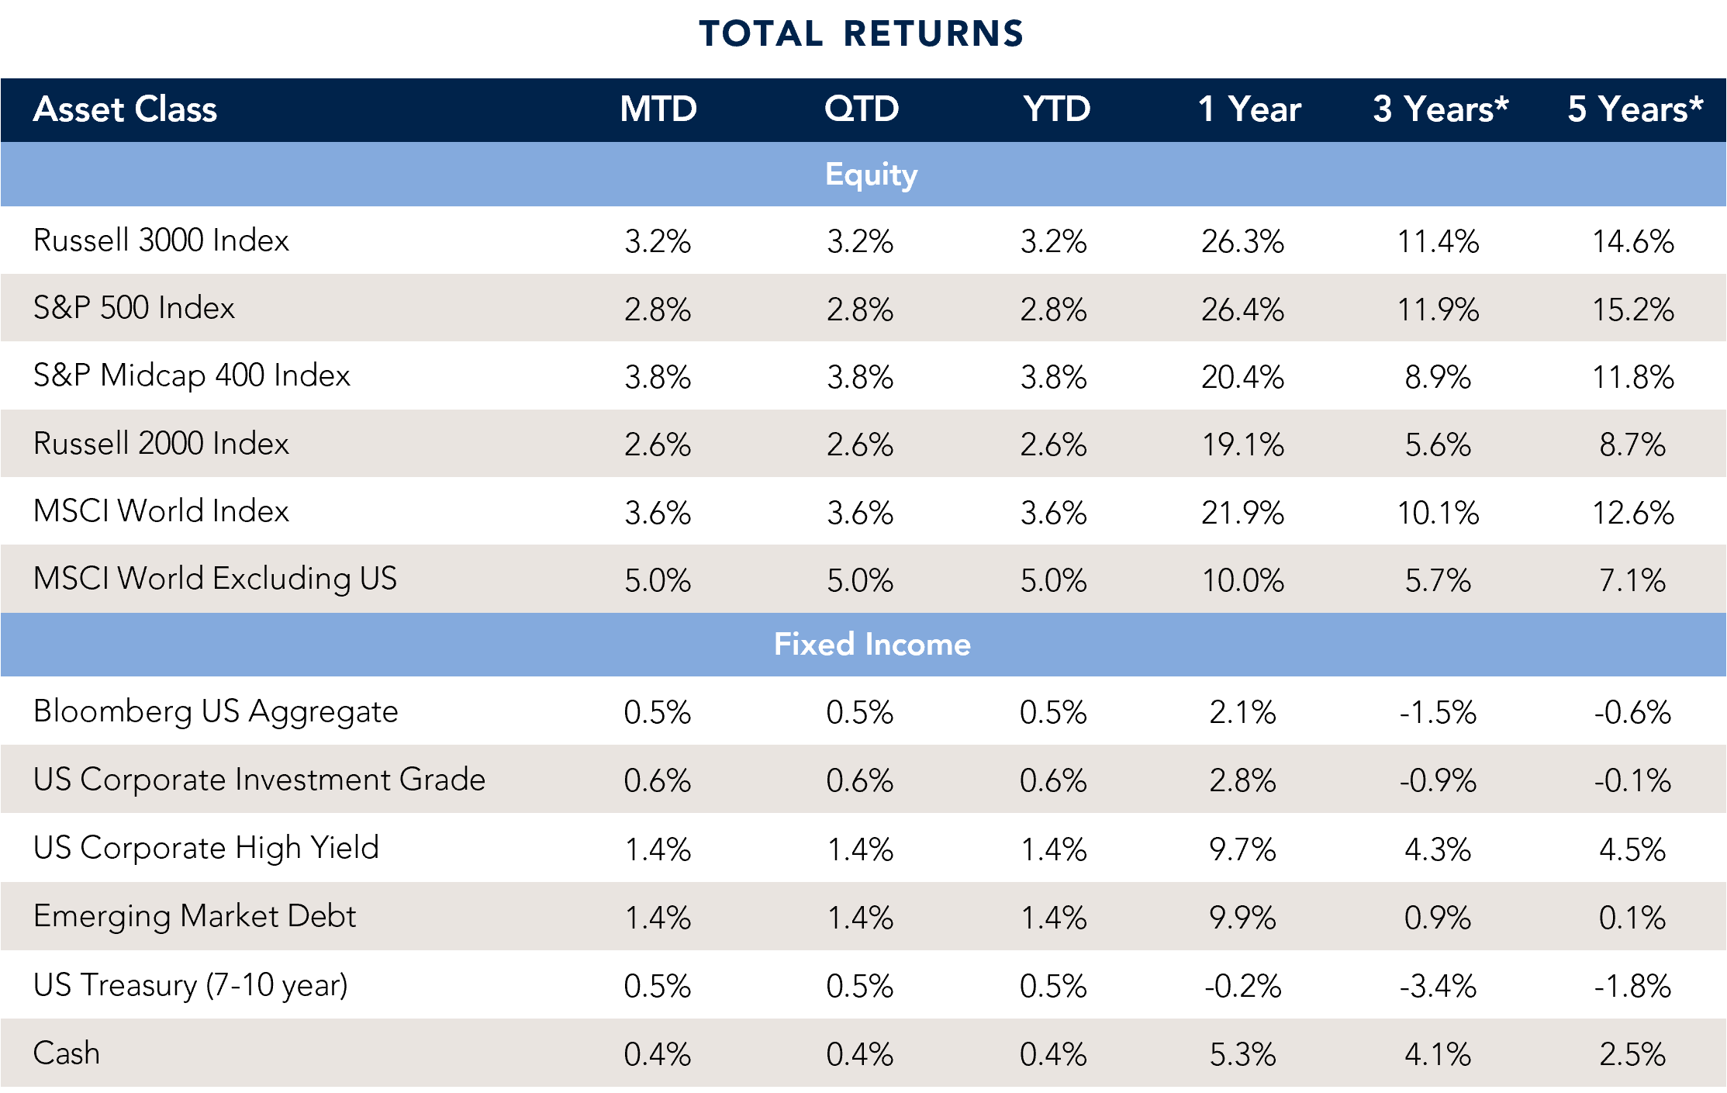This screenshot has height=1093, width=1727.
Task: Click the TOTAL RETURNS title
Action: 861,33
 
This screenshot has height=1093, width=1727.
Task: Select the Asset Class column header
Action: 125,109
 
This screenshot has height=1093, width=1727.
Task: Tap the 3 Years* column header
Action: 1440,109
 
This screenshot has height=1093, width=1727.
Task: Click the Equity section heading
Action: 871,175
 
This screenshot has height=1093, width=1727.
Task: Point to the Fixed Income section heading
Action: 872,645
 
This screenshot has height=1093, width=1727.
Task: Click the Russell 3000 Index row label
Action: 161,240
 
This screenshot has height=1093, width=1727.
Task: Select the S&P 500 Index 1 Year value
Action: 1242,310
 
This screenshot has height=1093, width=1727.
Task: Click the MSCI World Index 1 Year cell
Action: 1242,513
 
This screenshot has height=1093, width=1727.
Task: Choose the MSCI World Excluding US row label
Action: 215,579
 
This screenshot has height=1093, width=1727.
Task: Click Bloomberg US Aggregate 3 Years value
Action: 1438,712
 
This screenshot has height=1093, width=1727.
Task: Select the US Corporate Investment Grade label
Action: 259,780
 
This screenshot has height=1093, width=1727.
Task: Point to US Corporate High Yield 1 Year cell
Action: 1242,849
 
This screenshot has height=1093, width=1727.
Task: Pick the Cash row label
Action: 67,1053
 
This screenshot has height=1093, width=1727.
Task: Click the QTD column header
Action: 861,109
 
